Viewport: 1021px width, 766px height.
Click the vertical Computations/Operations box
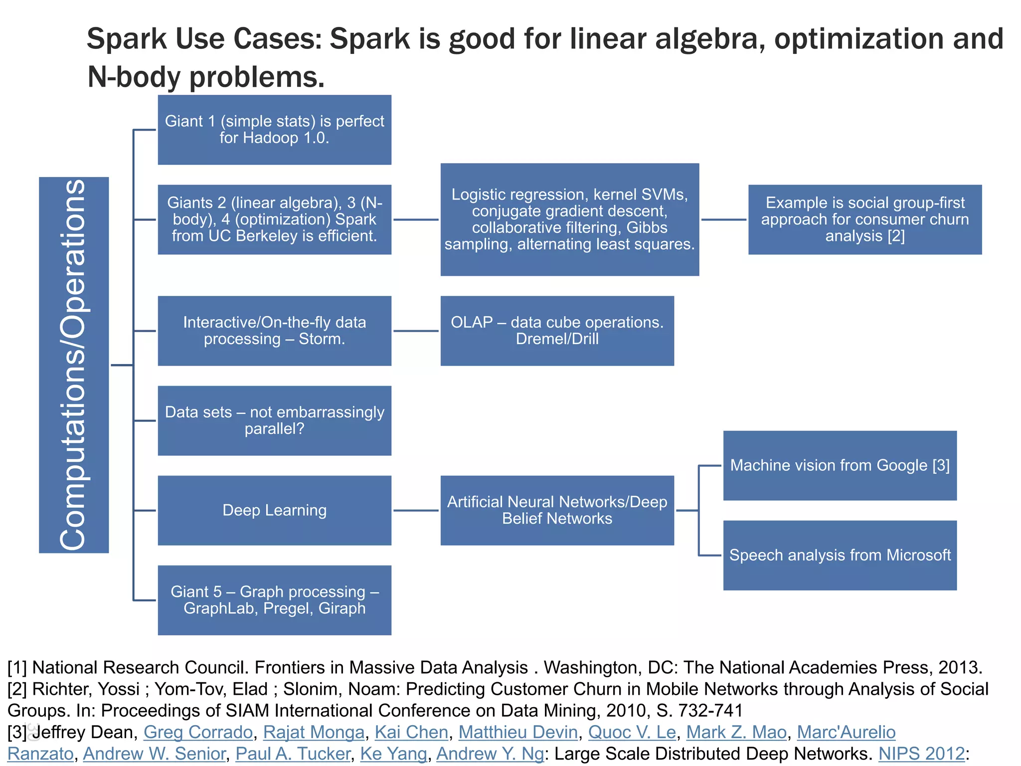pos(74,365)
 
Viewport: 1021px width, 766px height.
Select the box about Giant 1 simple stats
pos(274,130)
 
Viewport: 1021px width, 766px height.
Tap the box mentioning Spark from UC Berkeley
pos(274,219)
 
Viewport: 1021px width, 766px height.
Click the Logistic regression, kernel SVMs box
pos(569,219)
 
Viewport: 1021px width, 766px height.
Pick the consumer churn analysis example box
pos(864,219)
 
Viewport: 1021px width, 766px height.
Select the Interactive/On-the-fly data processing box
pos(274,331)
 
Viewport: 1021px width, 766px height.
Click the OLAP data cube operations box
pos(557,331)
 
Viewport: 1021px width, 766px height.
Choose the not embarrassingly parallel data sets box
pos(274,420)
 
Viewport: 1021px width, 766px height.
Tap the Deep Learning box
pos(274,510)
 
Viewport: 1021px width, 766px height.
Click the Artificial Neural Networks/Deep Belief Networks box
pos(557,510)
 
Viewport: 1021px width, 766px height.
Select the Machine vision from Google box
pos(840,465)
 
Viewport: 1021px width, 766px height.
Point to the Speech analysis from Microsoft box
pos(840,555)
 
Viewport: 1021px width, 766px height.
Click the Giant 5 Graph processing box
pos(274,600)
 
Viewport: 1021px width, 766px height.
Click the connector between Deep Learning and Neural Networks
pos(416,510)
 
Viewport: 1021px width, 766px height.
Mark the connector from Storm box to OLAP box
pos(416,331)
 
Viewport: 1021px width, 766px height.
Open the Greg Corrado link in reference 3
pos(198,732)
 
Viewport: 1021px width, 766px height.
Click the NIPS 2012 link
pos(921,754)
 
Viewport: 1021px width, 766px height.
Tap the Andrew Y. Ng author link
pos(490,754)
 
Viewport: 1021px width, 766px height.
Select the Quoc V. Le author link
pos(632,732)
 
